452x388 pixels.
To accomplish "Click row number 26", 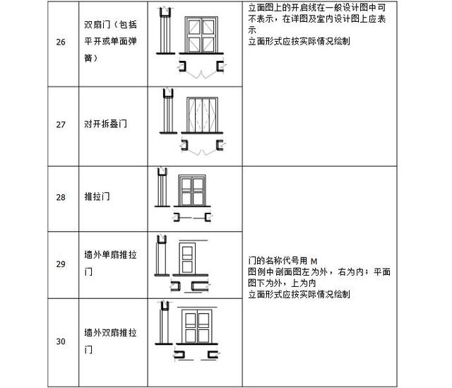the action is (61, 42).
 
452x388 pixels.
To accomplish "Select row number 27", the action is (61, 124).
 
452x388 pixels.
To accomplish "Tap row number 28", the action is (61, 197).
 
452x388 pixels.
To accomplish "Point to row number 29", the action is (61, 264).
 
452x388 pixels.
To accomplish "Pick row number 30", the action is (61, 341).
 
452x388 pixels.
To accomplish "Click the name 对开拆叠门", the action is (105, 124).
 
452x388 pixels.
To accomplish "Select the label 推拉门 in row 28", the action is (97, 196).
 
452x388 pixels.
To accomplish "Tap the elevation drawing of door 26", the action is (201, 35).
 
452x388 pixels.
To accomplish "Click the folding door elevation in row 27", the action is (202, 115).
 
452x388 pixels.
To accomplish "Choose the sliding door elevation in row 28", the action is (192, 191).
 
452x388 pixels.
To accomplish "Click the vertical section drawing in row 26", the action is (165, 30).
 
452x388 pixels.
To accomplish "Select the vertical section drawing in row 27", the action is (168, 111).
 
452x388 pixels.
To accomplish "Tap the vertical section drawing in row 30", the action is (164, 323).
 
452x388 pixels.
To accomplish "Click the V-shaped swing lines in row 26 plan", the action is (201, 74).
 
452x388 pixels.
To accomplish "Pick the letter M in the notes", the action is (314, 261).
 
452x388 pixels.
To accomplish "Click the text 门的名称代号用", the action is (278, 261).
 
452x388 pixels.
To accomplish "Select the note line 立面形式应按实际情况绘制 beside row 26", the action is (299, 41).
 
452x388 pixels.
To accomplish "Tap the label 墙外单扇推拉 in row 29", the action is (110, 254).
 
